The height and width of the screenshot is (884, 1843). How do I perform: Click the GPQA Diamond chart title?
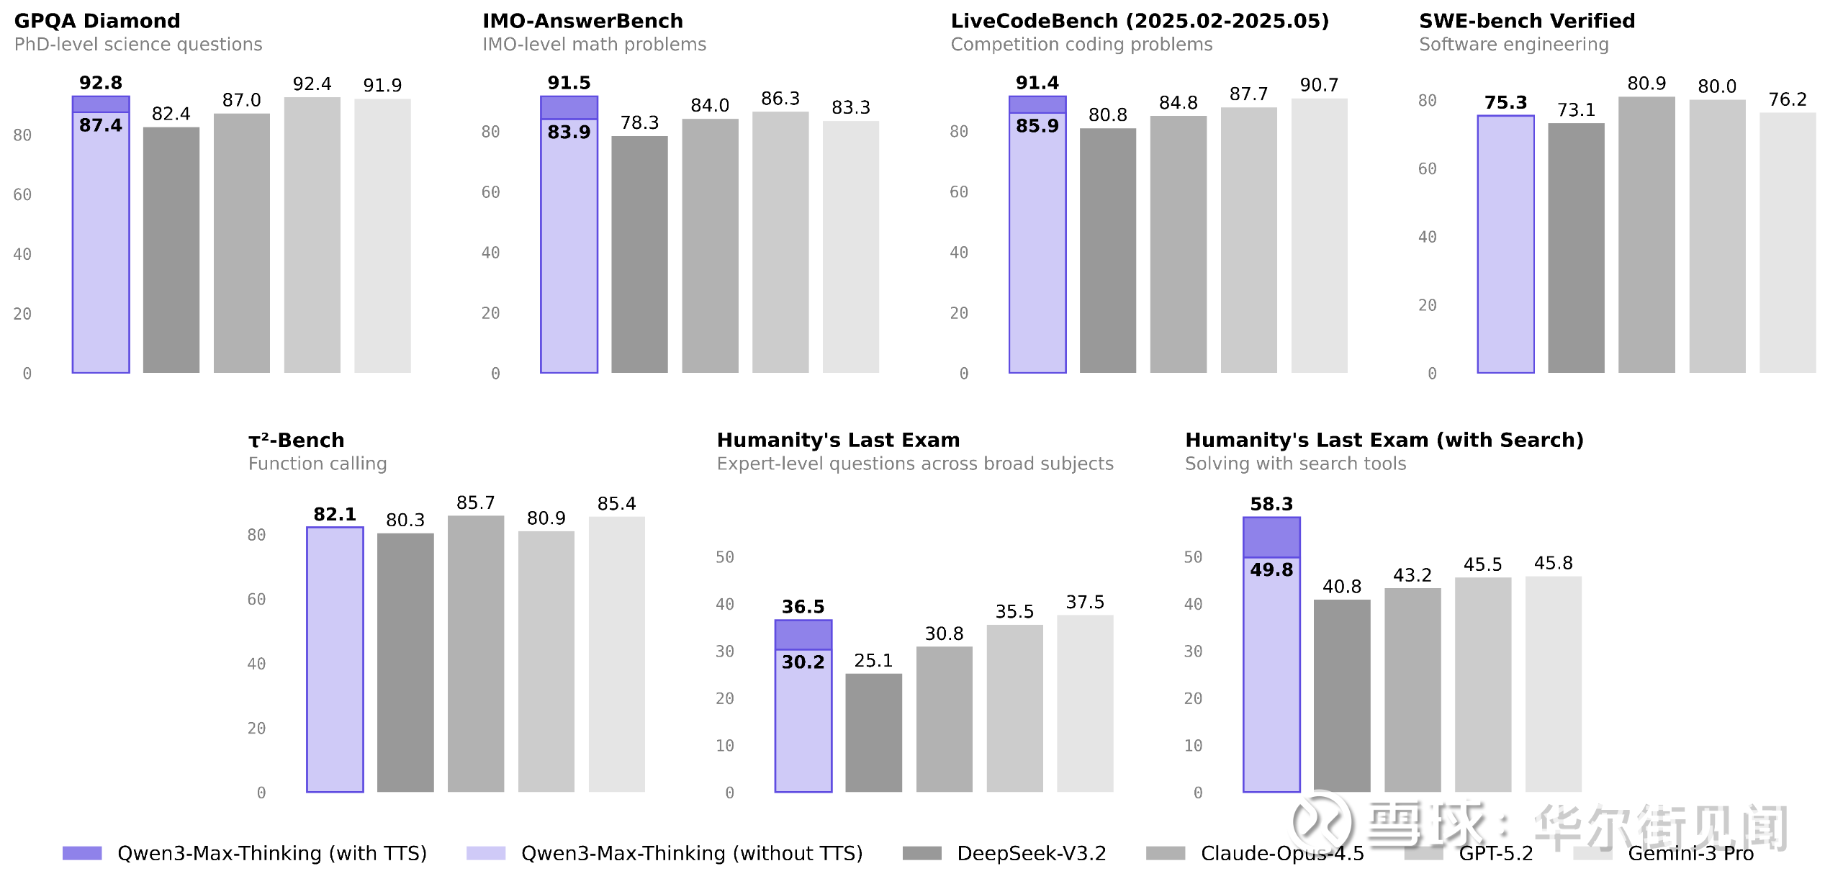97,21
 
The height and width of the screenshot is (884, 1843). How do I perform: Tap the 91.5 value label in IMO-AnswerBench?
569,83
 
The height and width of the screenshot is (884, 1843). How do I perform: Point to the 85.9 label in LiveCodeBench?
1037,126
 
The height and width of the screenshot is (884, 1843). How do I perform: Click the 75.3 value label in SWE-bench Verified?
1505,103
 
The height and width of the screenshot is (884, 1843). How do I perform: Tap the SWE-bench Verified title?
1526,21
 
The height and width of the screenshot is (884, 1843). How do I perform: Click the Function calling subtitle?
317,464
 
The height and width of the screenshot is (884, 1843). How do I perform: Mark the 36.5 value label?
803,607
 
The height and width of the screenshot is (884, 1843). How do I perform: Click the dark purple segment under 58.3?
1271,537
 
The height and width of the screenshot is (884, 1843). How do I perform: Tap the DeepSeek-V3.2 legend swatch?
921,853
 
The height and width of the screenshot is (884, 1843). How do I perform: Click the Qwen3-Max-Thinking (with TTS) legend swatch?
82,853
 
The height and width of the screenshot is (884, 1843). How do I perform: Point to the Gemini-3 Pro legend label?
1690,854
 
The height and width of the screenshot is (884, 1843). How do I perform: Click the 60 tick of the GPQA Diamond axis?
22,195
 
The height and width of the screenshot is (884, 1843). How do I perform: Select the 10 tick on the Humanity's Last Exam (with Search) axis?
1193,746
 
